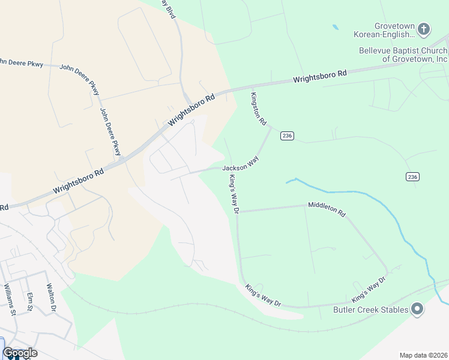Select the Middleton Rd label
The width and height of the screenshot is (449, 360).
327,209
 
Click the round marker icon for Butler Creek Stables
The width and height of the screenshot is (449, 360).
417,310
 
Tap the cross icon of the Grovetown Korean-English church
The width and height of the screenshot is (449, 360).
424,29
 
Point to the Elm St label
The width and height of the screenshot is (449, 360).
29,302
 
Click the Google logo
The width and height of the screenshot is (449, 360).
20,353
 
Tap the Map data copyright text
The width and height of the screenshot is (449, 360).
424,355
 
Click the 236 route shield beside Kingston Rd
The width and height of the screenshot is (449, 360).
286,136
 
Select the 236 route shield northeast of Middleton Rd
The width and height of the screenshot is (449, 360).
412,176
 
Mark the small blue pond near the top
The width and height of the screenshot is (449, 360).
335,27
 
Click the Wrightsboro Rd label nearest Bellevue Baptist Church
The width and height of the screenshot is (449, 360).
320,76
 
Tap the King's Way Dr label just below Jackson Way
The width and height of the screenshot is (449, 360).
234,194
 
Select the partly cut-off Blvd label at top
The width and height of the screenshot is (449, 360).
169,8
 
